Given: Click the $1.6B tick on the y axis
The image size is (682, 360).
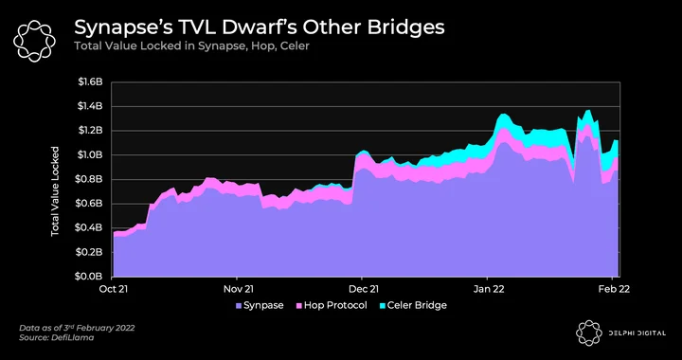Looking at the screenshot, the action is click(x=90, y=82).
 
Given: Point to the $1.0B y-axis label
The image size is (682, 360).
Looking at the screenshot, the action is click(x=90, y=155).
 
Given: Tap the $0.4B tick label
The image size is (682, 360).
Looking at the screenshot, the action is click(x=90, y=227).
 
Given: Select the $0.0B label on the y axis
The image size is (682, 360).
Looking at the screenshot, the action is click(x=90, y=277).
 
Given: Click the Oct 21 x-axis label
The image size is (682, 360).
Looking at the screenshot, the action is click(x=113, y=288).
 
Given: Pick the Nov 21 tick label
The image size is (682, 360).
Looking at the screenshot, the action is click(x=237, y=288).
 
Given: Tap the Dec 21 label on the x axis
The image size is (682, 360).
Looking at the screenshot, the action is click(x=362, y=288).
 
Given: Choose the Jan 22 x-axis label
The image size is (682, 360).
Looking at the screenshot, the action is click(x=487, y=288).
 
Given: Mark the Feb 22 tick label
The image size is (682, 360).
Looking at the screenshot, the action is click(x=613, y=288).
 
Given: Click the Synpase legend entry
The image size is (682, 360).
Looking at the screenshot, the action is click(x=260, y=306).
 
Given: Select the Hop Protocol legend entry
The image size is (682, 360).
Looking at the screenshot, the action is click(x=331, y=306).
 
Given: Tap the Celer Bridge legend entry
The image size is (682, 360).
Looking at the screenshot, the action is click(x=413, y=306).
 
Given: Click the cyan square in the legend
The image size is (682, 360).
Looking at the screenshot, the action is click(x=382, y=306).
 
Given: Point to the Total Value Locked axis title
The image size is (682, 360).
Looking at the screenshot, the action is click(x=55, y=191).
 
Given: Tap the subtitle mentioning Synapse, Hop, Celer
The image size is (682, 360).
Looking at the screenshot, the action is click(x=191, y=46).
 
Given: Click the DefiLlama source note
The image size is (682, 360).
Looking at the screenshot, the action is click(x=57, y=338).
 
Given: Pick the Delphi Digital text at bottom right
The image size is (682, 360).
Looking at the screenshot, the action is click(x=637, y=333).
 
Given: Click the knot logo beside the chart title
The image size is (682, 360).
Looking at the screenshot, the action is click(x=34, y=42).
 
